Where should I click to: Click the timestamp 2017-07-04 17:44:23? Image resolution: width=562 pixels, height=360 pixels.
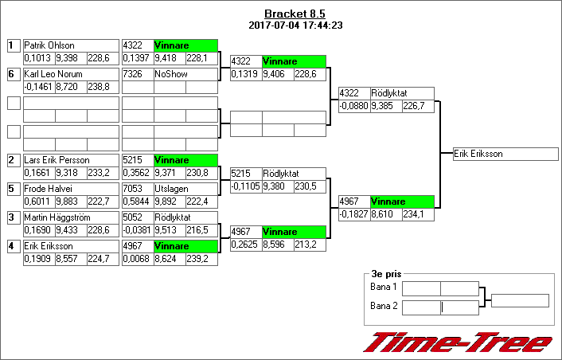pos(295,25)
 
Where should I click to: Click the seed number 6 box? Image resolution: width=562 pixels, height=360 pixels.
pos(13,74)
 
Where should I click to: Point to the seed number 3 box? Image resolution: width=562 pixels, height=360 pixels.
pos(13,217)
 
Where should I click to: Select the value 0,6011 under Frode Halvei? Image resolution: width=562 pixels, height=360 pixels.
pos(38,201)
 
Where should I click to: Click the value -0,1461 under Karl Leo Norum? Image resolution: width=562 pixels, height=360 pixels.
pos(38,86)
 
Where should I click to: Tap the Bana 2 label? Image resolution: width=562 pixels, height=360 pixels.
pos(384,306)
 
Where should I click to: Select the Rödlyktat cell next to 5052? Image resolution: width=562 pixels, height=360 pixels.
pos(185,217)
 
